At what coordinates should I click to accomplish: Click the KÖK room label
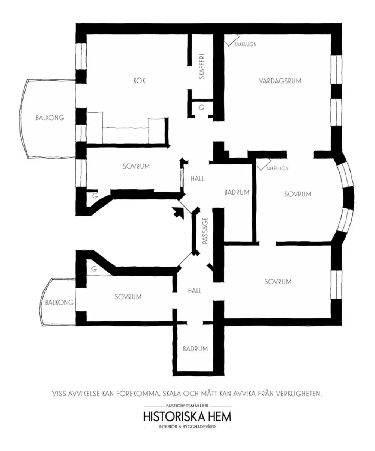click(139, 81)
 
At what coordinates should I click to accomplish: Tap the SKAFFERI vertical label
click(202, 66)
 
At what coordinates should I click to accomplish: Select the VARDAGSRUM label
click(280, 81)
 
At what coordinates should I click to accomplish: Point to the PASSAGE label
click(205, 231)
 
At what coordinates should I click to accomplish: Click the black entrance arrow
click(178, 213)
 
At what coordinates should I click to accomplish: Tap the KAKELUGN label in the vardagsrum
click(246, 44)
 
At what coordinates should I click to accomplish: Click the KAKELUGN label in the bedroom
click(277, 169)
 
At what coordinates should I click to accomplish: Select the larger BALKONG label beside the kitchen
click(50, 118)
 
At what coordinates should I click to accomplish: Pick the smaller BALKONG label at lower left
click(59, 302)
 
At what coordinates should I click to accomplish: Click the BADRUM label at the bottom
click(195, 349)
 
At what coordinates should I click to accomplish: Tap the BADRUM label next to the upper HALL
click(237, 192)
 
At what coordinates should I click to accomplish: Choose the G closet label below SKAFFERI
click(202, 107)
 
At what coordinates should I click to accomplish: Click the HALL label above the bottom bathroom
click(195, 291)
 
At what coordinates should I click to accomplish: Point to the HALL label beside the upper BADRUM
click(198, 179)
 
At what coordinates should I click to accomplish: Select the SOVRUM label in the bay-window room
click(298, 194)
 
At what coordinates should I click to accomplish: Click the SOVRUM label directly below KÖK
click(136, 166)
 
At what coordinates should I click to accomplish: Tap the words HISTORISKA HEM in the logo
click(187, 416)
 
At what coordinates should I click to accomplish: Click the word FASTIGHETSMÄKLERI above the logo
click(187, 406)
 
